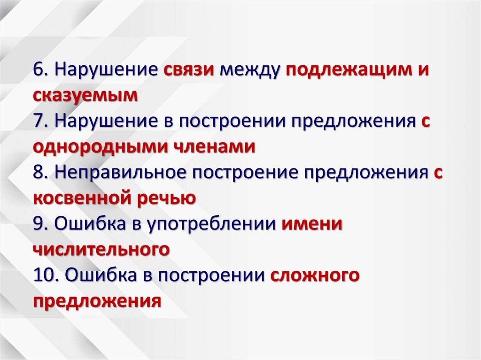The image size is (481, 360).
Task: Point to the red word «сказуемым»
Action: (x=85, y=95)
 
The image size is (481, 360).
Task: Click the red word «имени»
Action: (x=312, y=224)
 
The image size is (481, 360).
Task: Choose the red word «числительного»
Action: (x=101, y=249)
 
